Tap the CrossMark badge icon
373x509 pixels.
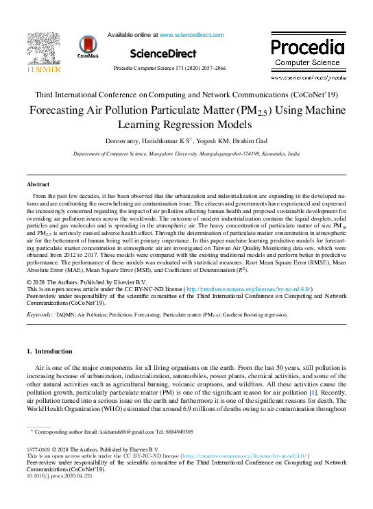(x=88, y=46)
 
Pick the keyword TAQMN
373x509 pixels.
(x=66, y=314)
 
